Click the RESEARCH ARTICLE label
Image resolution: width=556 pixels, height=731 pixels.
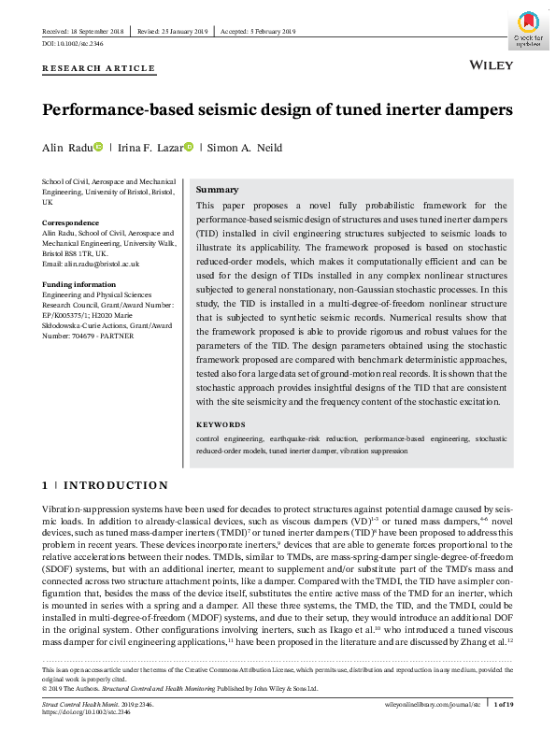click(x=98, y=68)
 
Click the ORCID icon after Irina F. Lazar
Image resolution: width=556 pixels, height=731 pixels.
click(x=188, y=147)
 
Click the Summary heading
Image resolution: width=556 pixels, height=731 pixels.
click(x=218, y=190)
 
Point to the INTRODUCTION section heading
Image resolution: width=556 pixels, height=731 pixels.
click(x=115, y=485)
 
